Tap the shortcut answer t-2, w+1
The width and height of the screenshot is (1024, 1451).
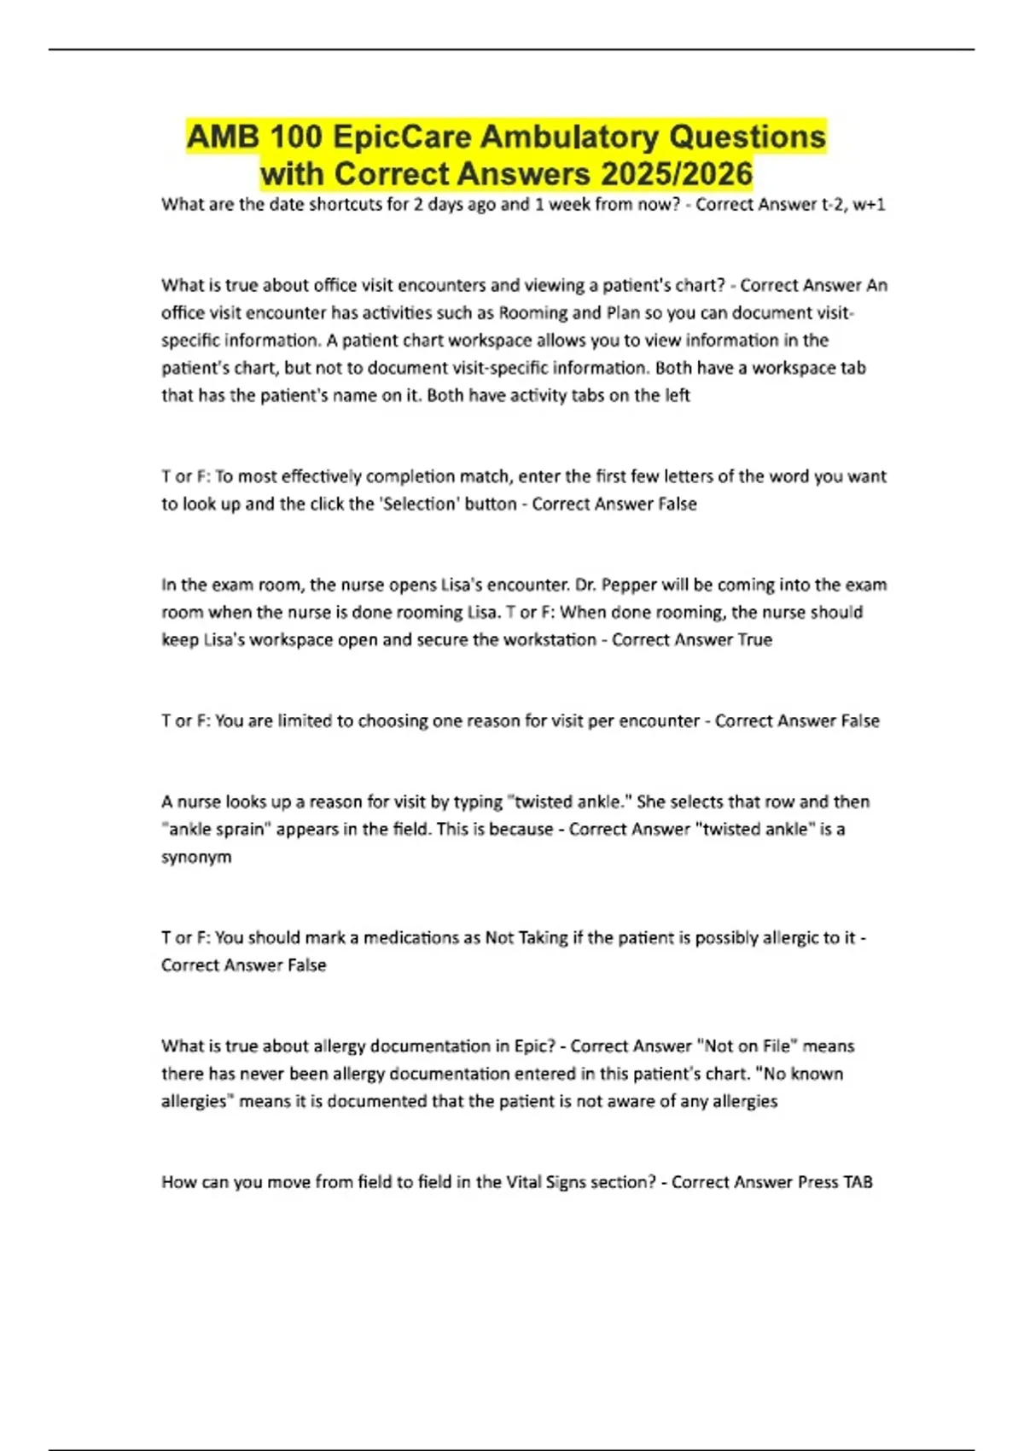pos(854,205)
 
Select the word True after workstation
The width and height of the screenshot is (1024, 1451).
pos(754,639)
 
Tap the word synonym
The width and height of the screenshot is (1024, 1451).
pos(196,856)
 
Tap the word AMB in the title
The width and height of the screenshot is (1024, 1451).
pos(222,137)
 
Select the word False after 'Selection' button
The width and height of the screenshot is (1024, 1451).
pos(678,504)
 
